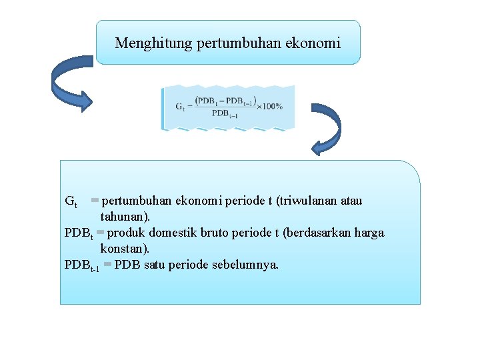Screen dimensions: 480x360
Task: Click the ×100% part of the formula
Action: [269, 105]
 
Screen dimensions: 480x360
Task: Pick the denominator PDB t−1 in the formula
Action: [225, 113]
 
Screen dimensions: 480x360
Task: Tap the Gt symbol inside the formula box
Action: [181, 106]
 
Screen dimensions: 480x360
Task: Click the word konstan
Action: [124, 249]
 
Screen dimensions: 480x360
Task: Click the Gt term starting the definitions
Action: [71, 201]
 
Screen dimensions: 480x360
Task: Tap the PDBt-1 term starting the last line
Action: [82, 265]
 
